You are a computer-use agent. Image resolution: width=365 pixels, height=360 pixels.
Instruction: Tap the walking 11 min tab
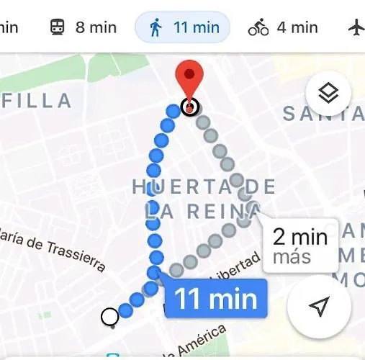coord(183,28)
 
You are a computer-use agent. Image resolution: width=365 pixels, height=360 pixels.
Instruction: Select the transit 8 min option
coord(83,28)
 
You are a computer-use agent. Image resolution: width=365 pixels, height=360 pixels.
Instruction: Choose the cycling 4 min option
coord(283,28)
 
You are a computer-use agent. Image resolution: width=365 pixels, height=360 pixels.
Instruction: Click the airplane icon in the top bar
coord(356,28)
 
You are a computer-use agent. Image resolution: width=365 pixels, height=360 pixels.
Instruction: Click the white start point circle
coord(109,316)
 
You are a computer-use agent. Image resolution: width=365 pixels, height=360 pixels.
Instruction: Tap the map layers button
coord(328,93)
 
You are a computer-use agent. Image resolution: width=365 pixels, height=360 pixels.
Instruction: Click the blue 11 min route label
coord(216,298)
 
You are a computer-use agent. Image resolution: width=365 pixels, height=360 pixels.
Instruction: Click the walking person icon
coord(156,28)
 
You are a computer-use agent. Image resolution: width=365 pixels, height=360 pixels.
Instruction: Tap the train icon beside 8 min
coord(57,28)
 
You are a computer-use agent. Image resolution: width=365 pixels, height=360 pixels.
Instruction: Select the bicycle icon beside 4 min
coord(258,28)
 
